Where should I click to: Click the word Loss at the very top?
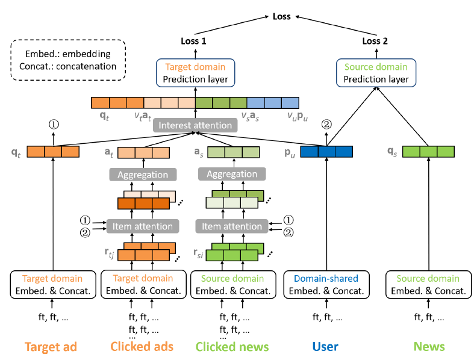point(281,16)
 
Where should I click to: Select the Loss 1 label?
point(194,41)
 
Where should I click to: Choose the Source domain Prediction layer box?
point(376,73)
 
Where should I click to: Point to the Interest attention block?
point(195,125)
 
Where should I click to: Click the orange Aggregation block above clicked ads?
point(143,175)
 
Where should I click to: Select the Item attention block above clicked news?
point(232,226)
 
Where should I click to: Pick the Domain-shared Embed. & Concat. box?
point(326,284)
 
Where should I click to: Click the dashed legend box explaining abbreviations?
point(67,60)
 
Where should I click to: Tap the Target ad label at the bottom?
point(51,346)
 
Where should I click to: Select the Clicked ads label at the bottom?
point(142,346)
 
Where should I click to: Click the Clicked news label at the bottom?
point(232,346)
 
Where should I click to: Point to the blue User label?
point(325,346)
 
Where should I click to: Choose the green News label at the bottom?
point(429,346)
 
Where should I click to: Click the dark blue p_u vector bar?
point(326,152)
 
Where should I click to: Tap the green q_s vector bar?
point(428,152)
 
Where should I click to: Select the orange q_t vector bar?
point(54,152)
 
